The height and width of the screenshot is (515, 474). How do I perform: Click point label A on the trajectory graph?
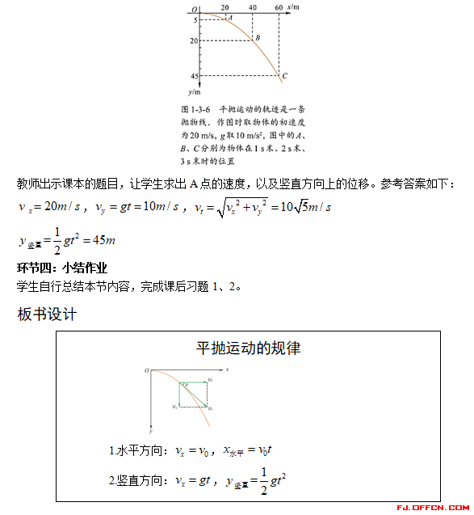click(x=230, y=17)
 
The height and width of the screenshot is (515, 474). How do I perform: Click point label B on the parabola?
click(x=257, y=38)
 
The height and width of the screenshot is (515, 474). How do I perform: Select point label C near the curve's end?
click(x=285, y=76)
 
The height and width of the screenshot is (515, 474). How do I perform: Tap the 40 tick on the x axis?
click(x=253, y=6)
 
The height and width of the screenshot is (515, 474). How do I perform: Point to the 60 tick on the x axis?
click(x=279, y=6)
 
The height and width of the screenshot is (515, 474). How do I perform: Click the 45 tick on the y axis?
click(x=194, y=76)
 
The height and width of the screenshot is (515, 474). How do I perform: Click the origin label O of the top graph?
click(x=195, y=8)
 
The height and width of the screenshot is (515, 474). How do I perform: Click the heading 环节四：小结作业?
click(x=62, y=268)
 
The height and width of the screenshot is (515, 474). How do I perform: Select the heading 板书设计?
click(x=47, y=314)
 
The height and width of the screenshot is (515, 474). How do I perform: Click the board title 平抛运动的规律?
click(x=249, y=348)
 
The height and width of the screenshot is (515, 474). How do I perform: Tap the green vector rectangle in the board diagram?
click(x=193, y=394)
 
